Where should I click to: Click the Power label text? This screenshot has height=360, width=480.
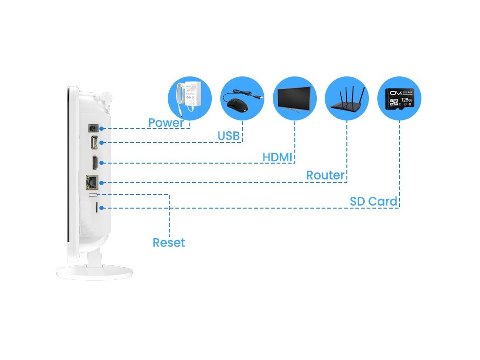click(166, 123)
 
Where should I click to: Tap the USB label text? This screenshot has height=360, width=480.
click(229, 136)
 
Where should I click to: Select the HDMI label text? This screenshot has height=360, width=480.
click(277, 157)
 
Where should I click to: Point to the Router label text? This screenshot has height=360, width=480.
click(325, 175)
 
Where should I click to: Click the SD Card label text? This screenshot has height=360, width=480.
click(374, 202)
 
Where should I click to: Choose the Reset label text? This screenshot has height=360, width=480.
click(169, 243)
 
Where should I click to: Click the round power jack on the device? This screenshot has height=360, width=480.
click(93, 128)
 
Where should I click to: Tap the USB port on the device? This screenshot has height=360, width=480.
click(94, 142)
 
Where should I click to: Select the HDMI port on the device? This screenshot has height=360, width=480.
click(94, 163)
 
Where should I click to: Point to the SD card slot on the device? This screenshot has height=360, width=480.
click(97, 207)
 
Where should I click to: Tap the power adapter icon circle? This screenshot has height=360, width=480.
click(190, 99)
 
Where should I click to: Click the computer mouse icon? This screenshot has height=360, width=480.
click(239, 103)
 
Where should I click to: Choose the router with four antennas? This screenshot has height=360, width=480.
click(347, 99)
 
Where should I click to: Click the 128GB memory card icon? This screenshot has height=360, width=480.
click(399, 99)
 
